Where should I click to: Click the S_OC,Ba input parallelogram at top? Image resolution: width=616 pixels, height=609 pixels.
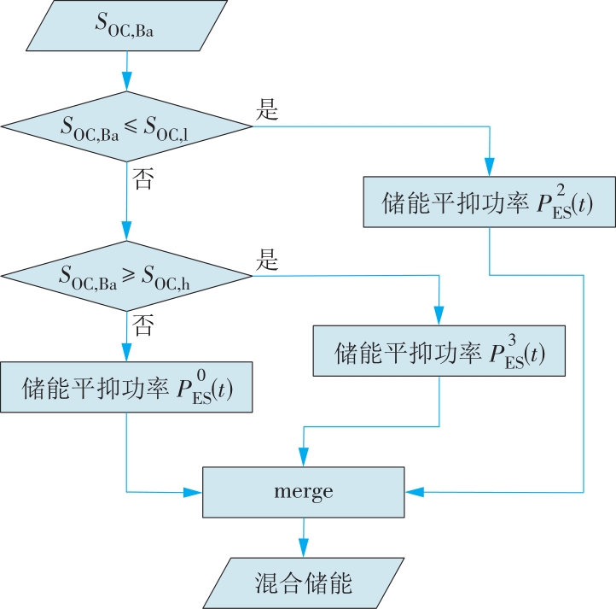pos(126,26)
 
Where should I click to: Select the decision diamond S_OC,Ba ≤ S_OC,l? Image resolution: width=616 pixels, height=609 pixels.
pos(126,126)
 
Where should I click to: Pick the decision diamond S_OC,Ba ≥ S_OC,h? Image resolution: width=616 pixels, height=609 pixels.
pos(126,276)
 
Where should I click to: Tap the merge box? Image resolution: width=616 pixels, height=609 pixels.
pos(303,492)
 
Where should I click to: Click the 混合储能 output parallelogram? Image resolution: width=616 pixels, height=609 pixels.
pos(303,583)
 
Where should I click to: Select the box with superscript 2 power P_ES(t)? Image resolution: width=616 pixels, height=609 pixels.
pos(489,202)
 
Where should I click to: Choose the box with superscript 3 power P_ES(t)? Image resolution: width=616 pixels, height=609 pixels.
pos(439,351)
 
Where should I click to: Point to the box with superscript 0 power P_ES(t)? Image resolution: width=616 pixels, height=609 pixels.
pos(126,387)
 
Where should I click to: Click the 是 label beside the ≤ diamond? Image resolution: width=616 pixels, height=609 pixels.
pos(267,109)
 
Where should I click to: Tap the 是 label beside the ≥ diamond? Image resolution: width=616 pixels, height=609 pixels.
pos(267,260)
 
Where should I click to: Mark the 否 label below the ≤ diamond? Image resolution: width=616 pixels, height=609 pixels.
pos(142,179)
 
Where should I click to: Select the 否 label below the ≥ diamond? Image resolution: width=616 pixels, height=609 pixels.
pos(142,325)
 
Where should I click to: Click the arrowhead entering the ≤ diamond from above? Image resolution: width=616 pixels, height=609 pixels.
pos(126,81)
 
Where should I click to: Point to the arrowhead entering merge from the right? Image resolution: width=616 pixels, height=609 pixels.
pos(415,492)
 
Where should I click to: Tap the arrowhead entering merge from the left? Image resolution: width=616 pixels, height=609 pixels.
pos(193,492)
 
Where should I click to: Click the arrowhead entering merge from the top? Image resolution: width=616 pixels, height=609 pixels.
pos(303,457)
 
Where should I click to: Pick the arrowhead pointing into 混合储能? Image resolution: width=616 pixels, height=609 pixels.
pos(303,548)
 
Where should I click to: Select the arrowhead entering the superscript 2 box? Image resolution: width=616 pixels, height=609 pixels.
pos(489,167)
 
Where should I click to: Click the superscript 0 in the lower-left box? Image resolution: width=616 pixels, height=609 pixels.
pos(201,375)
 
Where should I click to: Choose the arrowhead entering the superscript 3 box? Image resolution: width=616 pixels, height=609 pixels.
pos(439,315)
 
